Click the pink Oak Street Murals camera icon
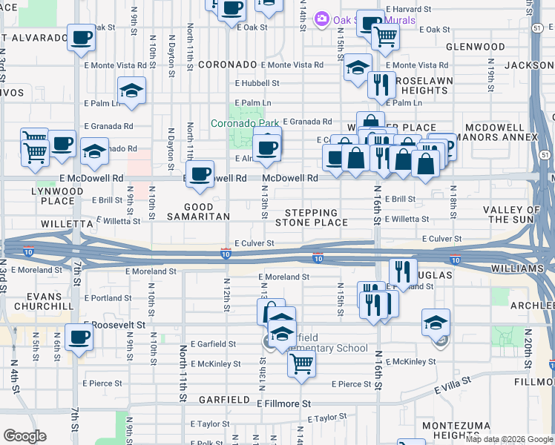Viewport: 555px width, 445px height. coord(322,18)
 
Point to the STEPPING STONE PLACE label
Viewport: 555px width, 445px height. coord(312,217)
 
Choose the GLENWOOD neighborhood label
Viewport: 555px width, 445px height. coord(475,46)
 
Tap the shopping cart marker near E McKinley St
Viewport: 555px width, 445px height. coord(301,363)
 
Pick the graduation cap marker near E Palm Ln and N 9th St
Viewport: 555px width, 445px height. coord(132,90)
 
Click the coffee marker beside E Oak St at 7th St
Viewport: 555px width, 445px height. coord(81,36)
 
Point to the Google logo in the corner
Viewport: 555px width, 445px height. coord(24,436)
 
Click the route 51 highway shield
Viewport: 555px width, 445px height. coord(536,27)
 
